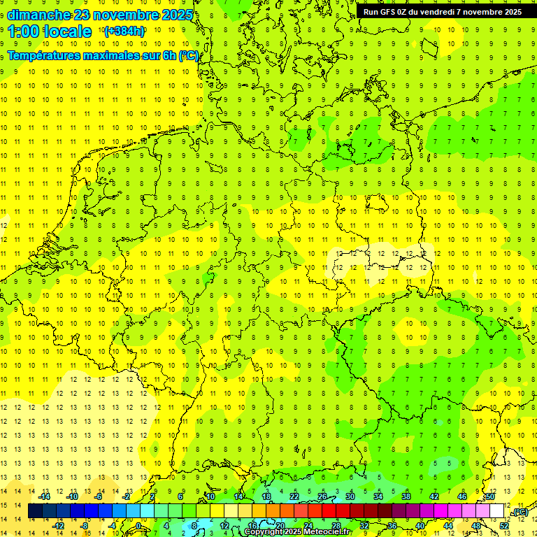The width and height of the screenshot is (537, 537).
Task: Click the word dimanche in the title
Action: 38,15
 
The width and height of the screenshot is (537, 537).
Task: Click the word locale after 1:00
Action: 69,31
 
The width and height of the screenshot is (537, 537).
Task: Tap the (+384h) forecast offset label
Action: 124,31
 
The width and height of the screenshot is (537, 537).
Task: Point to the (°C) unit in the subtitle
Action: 188,56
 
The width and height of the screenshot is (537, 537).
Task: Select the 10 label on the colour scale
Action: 210,496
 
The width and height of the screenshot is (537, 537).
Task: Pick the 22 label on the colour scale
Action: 294,496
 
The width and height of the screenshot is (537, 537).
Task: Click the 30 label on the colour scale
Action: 350,496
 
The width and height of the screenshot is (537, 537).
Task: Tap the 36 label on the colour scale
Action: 392,526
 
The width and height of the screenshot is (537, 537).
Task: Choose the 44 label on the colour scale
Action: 448,526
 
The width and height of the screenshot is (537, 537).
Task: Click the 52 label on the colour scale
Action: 504,526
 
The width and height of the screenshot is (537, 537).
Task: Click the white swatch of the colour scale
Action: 497,511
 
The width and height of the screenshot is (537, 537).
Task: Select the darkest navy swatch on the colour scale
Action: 35,511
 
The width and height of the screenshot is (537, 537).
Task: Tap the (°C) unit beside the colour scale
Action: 520,513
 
